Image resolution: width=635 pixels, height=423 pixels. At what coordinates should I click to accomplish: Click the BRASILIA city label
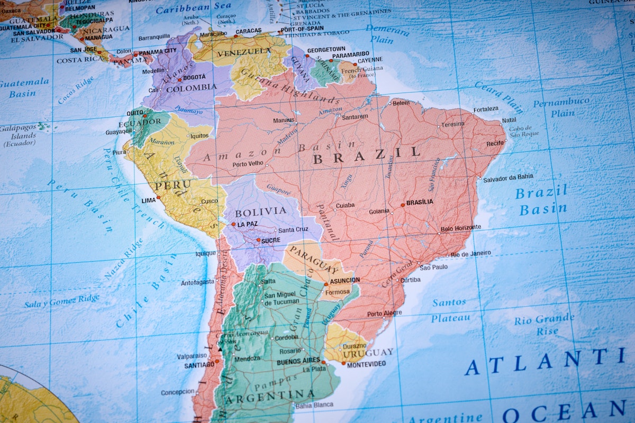click(420, 202)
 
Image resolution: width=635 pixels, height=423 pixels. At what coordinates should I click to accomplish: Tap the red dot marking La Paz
click(233, 224)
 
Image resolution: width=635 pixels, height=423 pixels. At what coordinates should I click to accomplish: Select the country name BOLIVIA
click(260, 212)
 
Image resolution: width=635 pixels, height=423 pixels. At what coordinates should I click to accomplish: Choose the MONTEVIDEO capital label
click(367, 364)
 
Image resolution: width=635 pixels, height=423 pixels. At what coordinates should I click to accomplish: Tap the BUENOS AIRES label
click(298, 362)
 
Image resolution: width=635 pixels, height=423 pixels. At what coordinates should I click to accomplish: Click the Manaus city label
click(283, 120)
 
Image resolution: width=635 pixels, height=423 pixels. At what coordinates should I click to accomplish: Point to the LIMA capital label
click(149, 201)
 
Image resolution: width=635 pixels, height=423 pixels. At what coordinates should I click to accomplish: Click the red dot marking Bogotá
click(179, 80)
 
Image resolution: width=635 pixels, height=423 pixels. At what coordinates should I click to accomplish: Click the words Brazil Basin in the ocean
click(542, 201)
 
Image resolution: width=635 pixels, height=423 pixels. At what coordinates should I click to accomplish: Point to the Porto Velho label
click(248, 164)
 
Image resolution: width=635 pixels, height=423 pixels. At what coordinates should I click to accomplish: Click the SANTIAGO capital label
click(199, 365)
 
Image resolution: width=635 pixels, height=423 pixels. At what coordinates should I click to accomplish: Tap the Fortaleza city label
click(486, 109)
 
